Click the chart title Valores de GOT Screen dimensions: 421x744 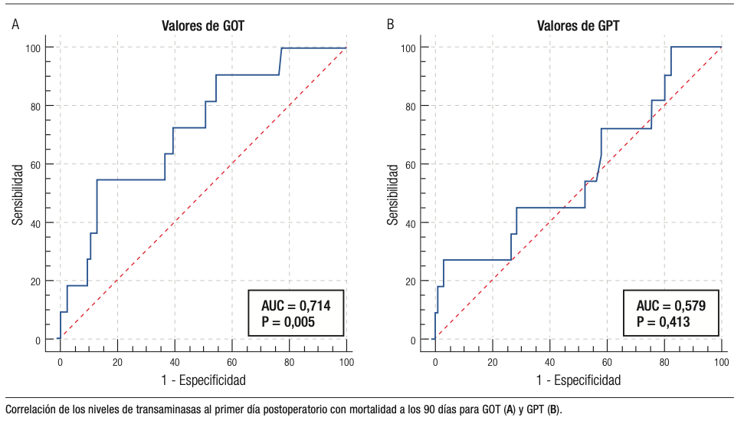click(x=203, y=25)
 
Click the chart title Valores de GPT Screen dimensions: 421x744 click(x=578, y=25)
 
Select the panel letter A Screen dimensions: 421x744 click(x=15, y=25)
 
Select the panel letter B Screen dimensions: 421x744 click(x=391, y=25)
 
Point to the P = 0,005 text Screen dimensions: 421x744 click(x=289, y=322)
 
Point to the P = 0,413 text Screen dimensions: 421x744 click(x=664, y=322)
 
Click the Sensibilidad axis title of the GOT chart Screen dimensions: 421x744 click(x=17, y=193)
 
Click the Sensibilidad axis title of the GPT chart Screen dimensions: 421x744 click(x=392, y=193)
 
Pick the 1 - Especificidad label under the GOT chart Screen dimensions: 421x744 click(x=203, y=380)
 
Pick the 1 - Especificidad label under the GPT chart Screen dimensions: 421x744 click(x=578, y=380)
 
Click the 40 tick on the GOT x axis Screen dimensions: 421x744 click(x=175, y=362)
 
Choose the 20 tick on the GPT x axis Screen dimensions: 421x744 click(x=492, y=362)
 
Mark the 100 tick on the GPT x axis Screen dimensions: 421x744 click(x=721, y=362)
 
